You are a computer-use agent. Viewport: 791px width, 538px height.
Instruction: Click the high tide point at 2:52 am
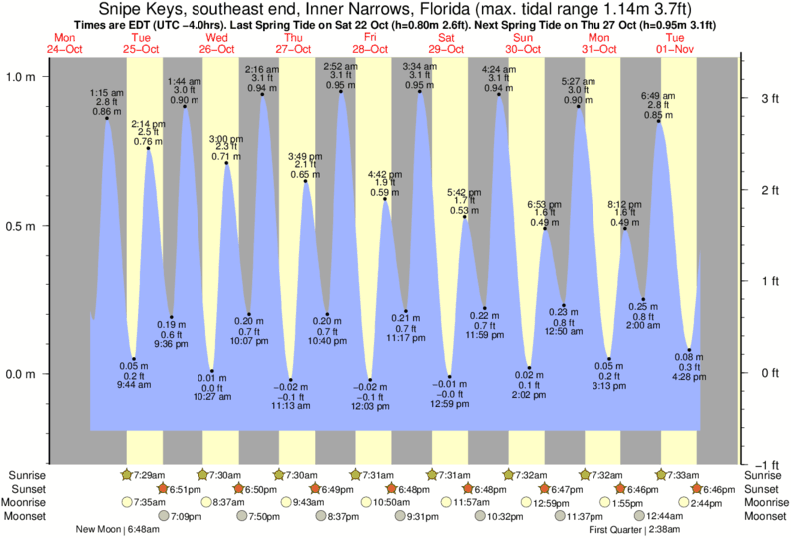(x=341, y=91)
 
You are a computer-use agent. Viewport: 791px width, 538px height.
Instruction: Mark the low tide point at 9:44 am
(x=133, y=360)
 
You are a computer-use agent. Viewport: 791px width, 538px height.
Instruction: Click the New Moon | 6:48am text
(x=116, y=529)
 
